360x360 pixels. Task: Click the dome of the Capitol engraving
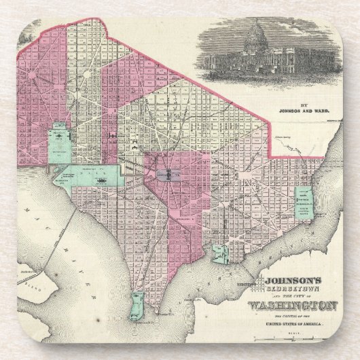(x=257, y=31)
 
